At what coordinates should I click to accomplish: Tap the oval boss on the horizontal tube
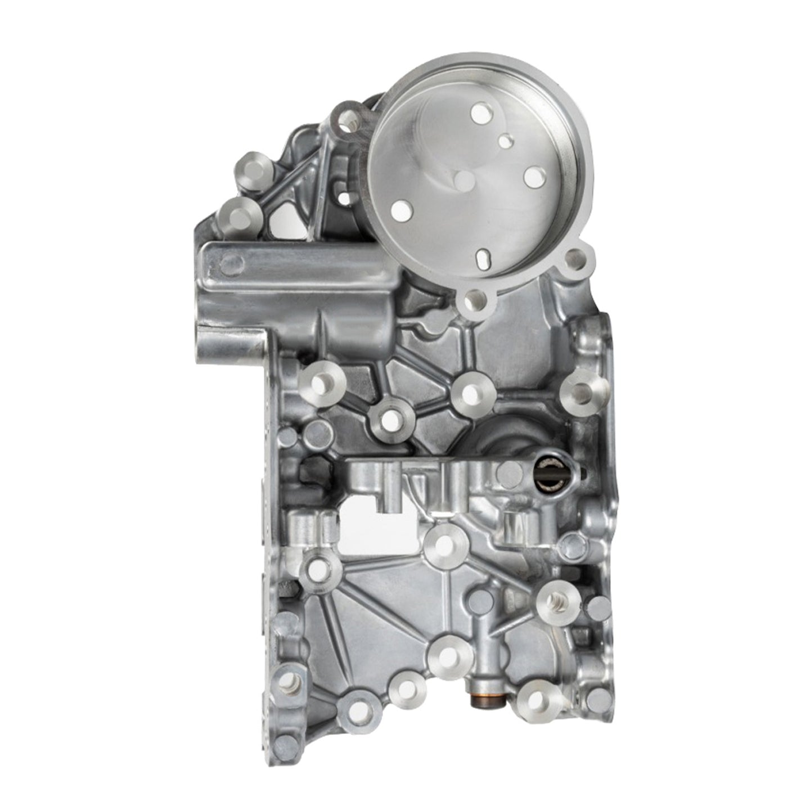click(232, 263)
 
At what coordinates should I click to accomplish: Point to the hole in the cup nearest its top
click(481, 115)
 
